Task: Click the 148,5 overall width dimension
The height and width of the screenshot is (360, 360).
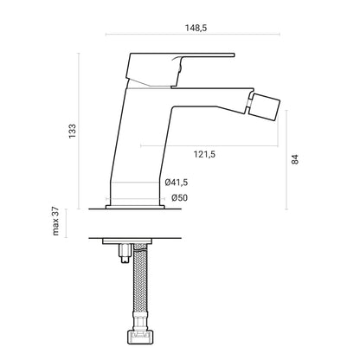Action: (196, 28)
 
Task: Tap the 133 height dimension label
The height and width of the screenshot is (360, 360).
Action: (73, 131)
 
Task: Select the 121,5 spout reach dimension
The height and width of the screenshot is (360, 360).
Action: (204, 155)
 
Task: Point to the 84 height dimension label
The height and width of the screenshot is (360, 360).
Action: (295, 159)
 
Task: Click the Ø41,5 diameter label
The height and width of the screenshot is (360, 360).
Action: (177, 183)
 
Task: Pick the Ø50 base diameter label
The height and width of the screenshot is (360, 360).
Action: (179, 198)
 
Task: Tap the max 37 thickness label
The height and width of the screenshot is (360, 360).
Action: (55, 221)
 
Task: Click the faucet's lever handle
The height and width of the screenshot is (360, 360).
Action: (180, 70)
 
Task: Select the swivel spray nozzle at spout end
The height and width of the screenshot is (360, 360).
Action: (264, 106)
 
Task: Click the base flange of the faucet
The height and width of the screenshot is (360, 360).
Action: (135, 207)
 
